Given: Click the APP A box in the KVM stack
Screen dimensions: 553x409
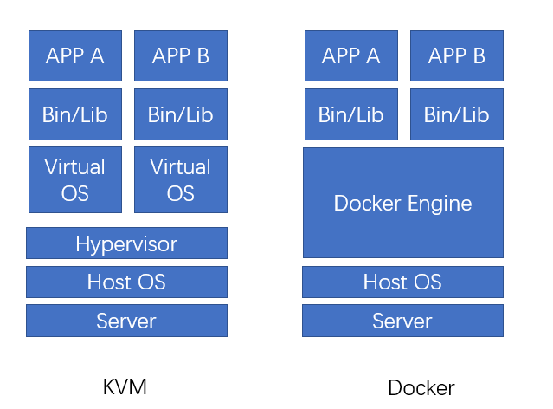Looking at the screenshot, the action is pyautogui.click(x=75, y=55).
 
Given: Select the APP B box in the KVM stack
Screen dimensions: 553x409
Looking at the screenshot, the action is pyautogui.click(x=181, y=55).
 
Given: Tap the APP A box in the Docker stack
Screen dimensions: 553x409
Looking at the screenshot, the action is pyautogui.click(x=351, y=55).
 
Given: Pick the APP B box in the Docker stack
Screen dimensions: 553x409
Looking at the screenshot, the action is pyautogui.click(x=457, y=55).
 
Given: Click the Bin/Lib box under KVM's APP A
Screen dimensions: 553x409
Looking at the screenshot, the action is pyautogui.click(x=75, y=114).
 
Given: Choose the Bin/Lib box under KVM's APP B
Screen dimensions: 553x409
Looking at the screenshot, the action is pyautogui.click(x=181, y=114).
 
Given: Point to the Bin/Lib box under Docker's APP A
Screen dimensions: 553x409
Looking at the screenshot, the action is pyautogui.click(x=351, y=114).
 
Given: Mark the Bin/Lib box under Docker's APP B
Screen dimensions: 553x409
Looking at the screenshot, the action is pyautogui.click(x=457, y=114).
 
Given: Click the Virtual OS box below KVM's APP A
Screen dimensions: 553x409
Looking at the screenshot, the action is pyautogui.click(x=75, y=179).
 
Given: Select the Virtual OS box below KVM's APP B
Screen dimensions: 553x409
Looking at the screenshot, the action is pyautogui.click(x=181, y=179).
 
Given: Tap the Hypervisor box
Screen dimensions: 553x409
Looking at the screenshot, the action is pyautogui.click(x=126, y=243).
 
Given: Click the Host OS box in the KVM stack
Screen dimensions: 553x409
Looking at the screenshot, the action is pyautogui.click(x=126, y=282).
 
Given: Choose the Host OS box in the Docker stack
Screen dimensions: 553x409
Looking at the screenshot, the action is pyautogui.click(x=402, y=282).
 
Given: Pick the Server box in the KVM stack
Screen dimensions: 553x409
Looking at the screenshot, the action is pyautogui.click(x=126, y=321).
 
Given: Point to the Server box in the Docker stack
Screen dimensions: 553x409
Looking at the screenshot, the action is pyautogui.click(x=402, y=321).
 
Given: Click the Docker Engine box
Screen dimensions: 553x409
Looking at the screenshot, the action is pyautogui.click(x=403, y=203).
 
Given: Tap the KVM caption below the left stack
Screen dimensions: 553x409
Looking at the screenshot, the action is pyautogui.click(x=125, y=387).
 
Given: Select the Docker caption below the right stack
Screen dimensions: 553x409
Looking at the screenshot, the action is pyautogui.click(x=421, y=388).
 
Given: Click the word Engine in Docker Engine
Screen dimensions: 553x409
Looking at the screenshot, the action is pyautogui.click(x=440, y=204).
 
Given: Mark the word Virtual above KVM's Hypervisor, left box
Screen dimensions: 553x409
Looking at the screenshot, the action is pyautogui.click(x=74, y=166).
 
